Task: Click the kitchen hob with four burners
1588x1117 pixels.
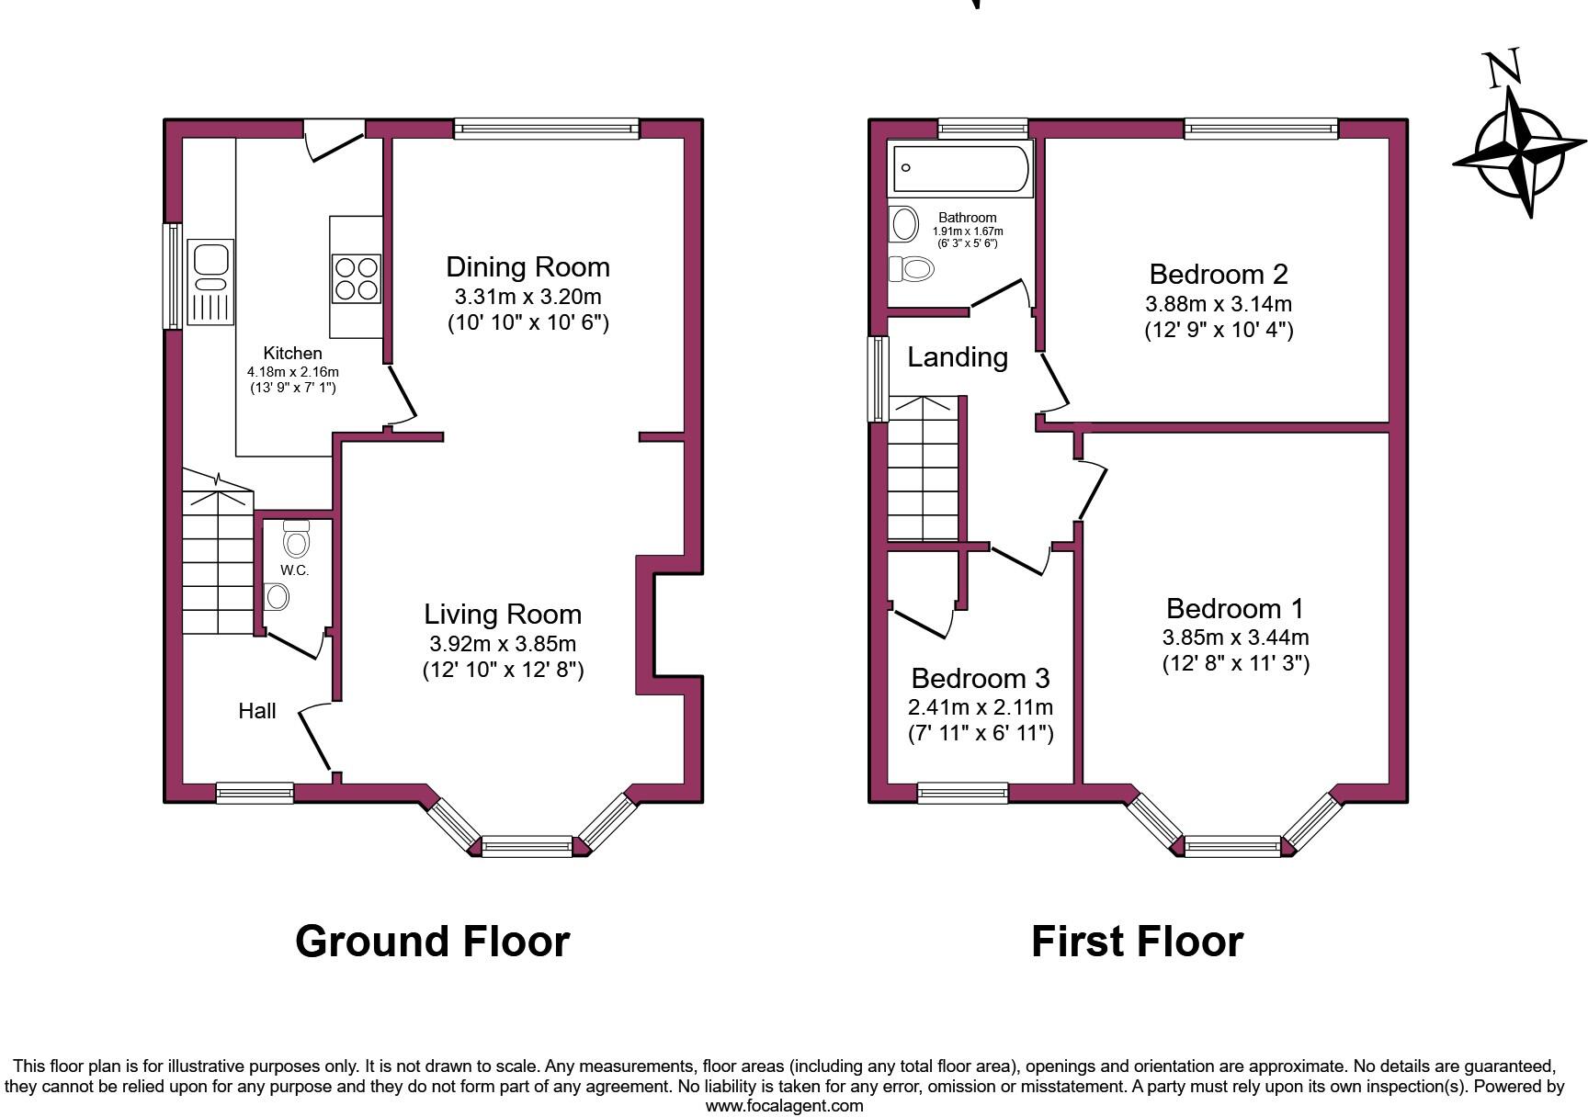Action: [x=357, y=278]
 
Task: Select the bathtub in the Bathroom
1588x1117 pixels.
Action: [x=960, y=168]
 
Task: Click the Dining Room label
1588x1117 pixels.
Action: [x=527, y=267]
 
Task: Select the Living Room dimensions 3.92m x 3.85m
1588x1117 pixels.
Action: [x=503, y=644]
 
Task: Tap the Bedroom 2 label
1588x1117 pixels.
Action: [x=1218, y=274]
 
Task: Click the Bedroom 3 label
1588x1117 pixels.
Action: [x=980, y=678]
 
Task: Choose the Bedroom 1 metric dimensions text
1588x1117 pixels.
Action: [x=1235, y=637]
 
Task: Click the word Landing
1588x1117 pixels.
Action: [x=958, y=357]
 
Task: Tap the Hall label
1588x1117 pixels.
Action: [x=257, y=710]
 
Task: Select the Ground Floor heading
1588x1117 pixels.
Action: [x=432, y=942]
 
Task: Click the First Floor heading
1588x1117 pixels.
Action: [x=1137, y=942]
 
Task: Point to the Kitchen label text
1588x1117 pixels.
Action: [x=292, y=353]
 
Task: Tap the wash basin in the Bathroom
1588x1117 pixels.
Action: [x=904, y=223]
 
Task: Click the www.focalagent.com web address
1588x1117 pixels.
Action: [x=784, y=1105]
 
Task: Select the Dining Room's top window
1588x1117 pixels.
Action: [x=546, y=129]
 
